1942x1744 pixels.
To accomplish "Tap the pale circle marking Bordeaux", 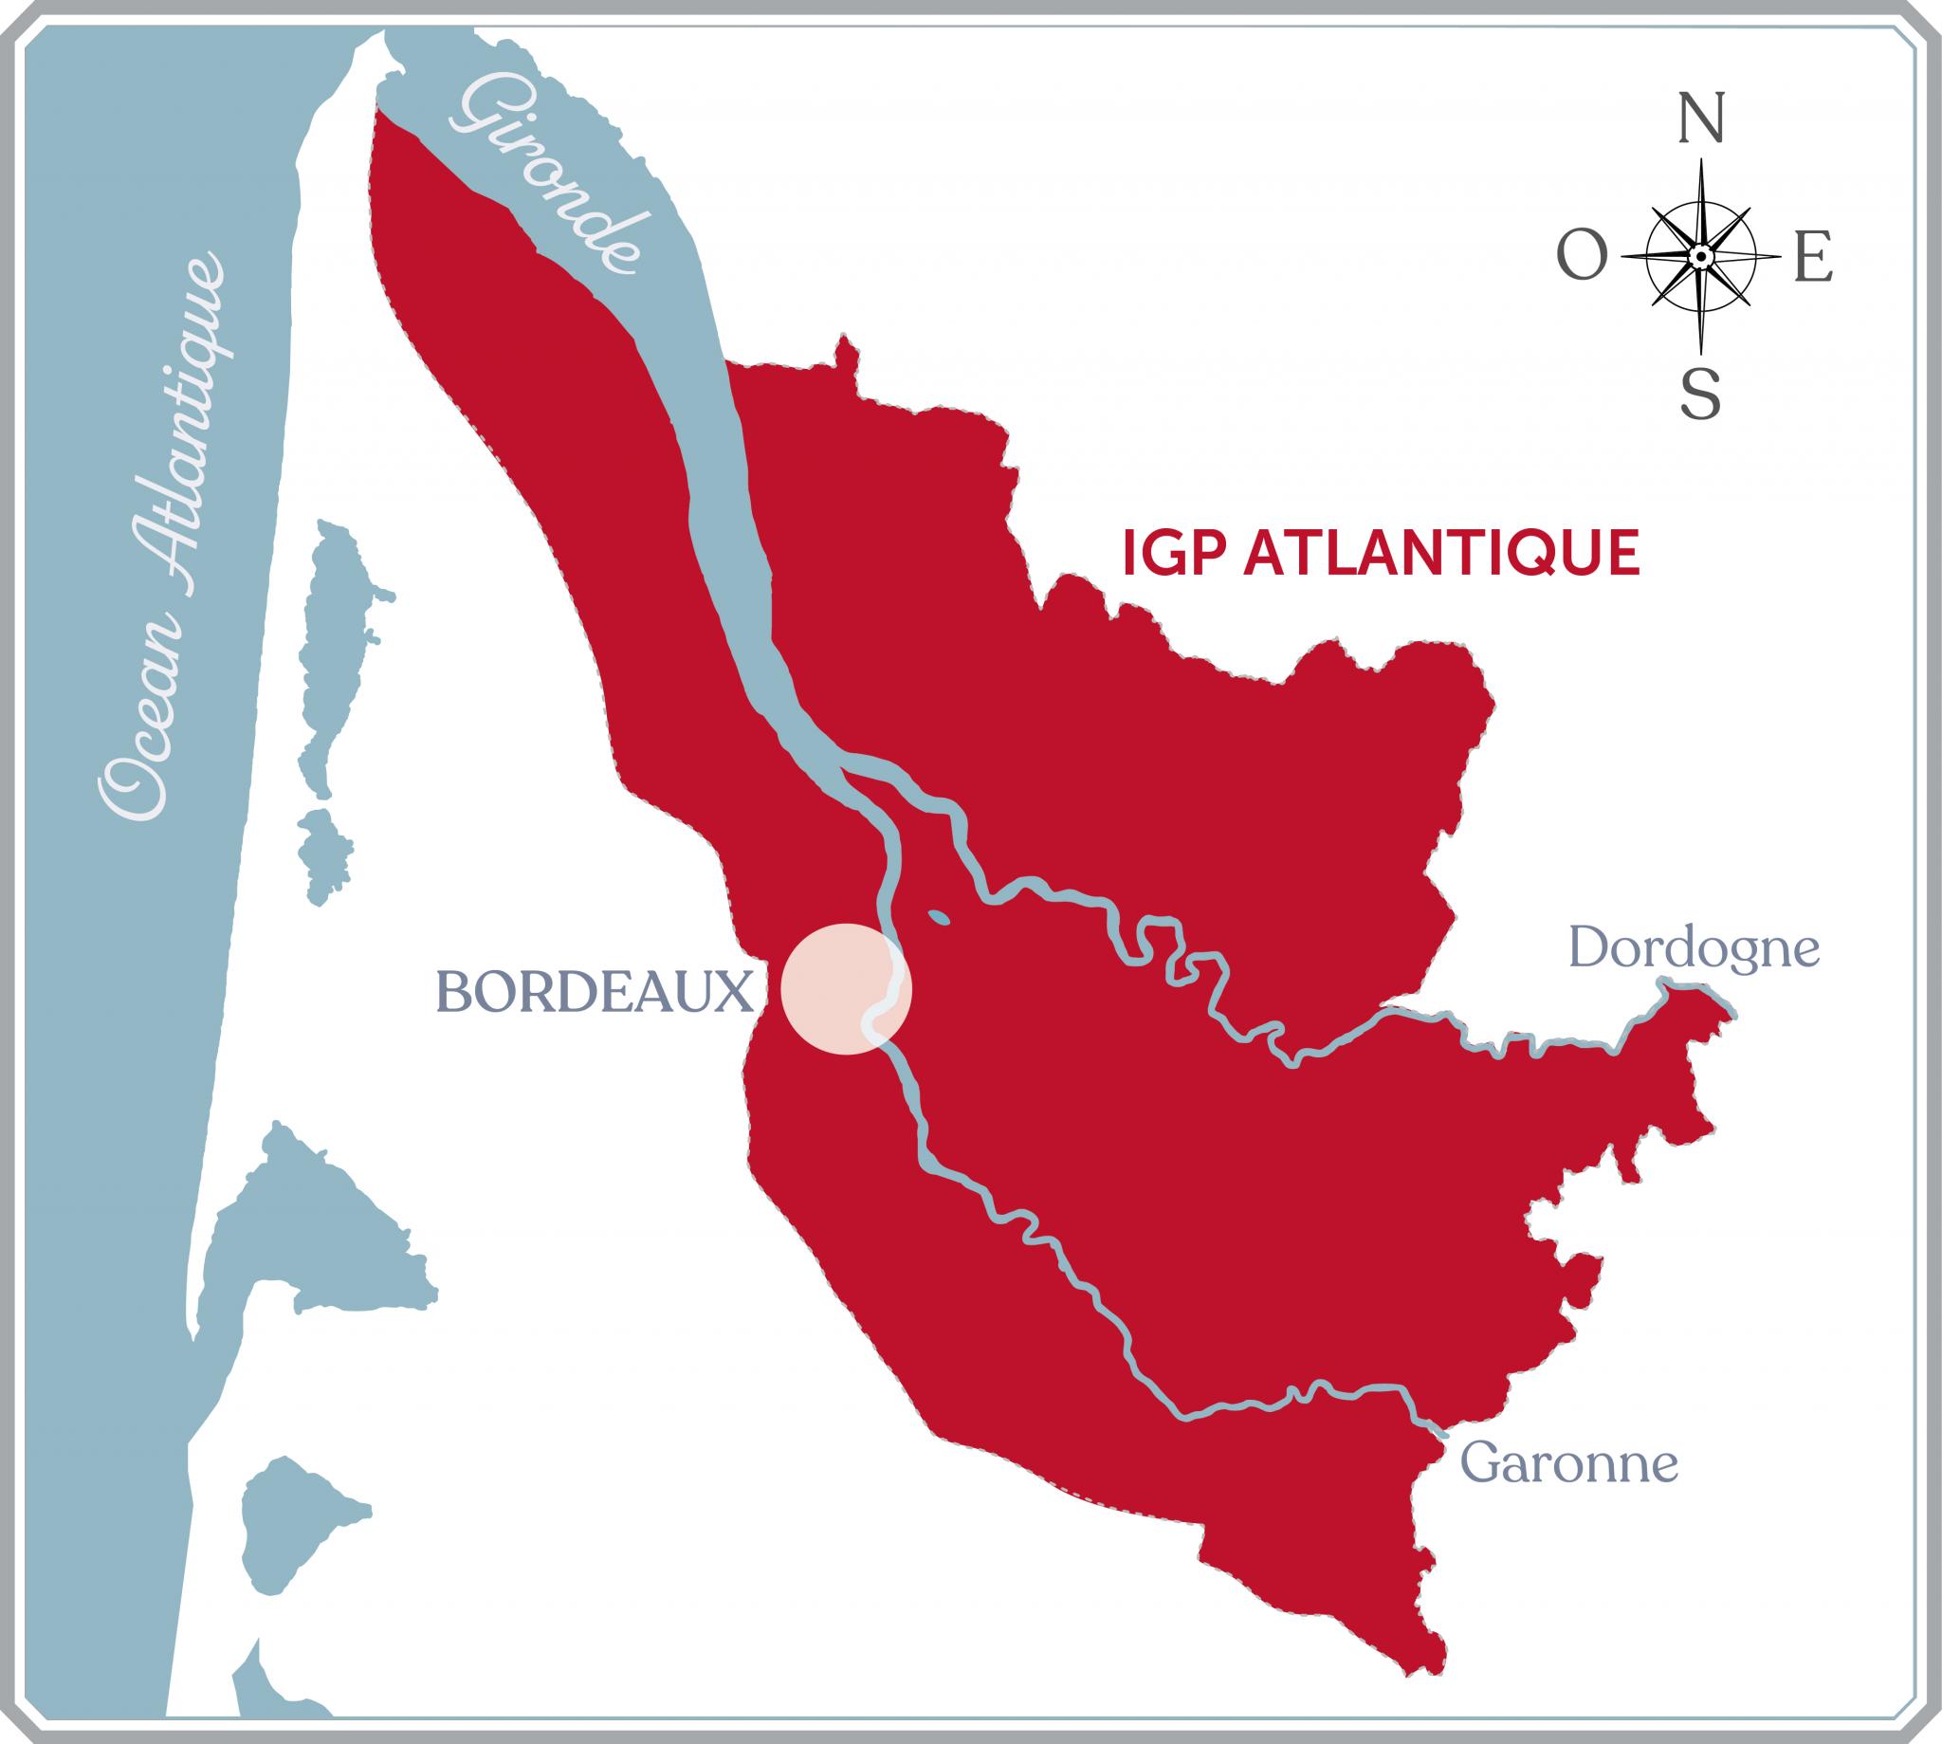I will tap(845, 989).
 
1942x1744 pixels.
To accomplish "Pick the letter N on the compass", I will tap(1702, 119).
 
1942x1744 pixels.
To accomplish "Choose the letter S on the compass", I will tap(1700, 395).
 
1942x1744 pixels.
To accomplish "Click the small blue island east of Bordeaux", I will tap(939, 918).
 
